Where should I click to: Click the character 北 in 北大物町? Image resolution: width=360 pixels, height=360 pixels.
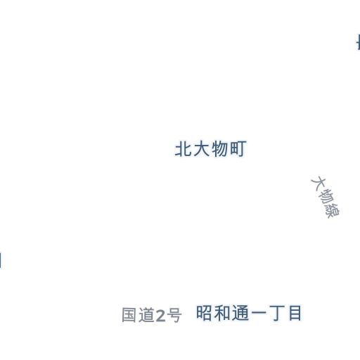tap(184, 148)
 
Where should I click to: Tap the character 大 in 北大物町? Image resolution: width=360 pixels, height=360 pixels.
tap(201, 148)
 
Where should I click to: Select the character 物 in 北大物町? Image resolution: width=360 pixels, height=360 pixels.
tap(219, 148)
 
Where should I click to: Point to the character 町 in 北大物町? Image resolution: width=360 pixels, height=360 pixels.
tap(238, 148)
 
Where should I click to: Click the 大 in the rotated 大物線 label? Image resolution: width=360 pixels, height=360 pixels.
tap(319, 184)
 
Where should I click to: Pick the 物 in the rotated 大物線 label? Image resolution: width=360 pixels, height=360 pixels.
tap(326, 197)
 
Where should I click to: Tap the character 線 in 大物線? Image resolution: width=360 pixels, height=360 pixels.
tap(333, 210)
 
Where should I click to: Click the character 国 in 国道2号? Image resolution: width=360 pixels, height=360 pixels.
tap(129, 315)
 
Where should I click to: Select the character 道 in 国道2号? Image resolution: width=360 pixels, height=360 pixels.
tap(146, 315)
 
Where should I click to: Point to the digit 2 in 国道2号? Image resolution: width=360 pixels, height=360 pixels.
tap(160, 316)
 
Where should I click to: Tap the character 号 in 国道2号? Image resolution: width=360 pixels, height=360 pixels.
tap(174, 315)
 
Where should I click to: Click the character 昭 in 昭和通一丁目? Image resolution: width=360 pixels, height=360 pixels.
tap(204, 313)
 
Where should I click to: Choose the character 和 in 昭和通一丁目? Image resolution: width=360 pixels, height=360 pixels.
tap(221, 313)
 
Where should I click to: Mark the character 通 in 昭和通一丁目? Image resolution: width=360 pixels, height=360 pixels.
tap(240, 313)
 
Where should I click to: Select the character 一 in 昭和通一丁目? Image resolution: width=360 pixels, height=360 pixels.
tap(259, 313)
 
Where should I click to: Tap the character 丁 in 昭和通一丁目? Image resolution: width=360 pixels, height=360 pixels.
tap(277, 313)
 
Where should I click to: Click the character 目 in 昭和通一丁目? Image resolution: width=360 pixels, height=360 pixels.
tap(295, 313)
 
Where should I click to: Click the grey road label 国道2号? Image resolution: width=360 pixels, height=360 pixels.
tap(152, 315)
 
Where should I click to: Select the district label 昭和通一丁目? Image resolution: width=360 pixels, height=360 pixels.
tap(248, 313)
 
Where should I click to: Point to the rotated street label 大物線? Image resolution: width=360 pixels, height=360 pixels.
tap(326, 198)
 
